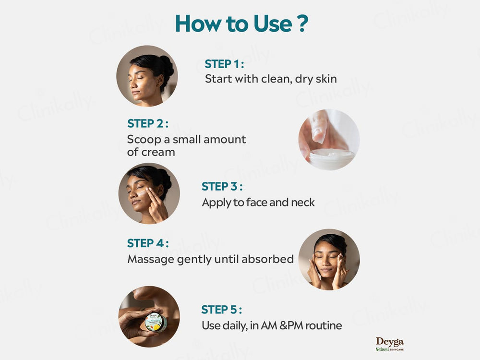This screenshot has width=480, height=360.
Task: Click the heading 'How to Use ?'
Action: coord(240,24)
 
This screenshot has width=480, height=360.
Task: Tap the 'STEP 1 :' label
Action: coord(224,64)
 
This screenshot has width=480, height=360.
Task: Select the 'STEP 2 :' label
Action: coord(147,123)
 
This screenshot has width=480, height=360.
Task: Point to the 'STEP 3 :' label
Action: coord(222,186)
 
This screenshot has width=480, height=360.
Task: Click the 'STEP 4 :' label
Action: coord(147,243)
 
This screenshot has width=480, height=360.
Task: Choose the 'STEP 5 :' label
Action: coord(221,309)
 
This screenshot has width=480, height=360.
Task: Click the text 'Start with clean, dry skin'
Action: coord(271,79)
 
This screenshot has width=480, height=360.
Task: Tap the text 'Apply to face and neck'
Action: coord(258,202)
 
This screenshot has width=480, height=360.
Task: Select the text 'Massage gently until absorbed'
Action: coord(210,259)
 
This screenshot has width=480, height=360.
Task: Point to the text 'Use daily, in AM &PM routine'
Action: coord(272,325)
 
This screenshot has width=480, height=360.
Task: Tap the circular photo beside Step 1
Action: coord(147,76)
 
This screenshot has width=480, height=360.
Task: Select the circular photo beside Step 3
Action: coord(149,193)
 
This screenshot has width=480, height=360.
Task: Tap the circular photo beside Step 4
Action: coord(329,259)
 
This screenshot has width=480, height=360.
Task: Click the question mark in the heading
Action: coord(300,24)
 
